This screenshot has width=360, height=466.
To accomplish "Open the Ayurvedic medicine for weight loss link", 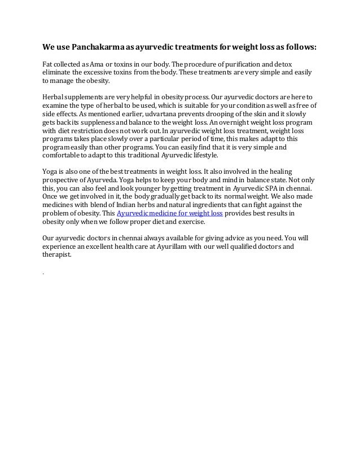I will pyautogui.click(x=170, y=213).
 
